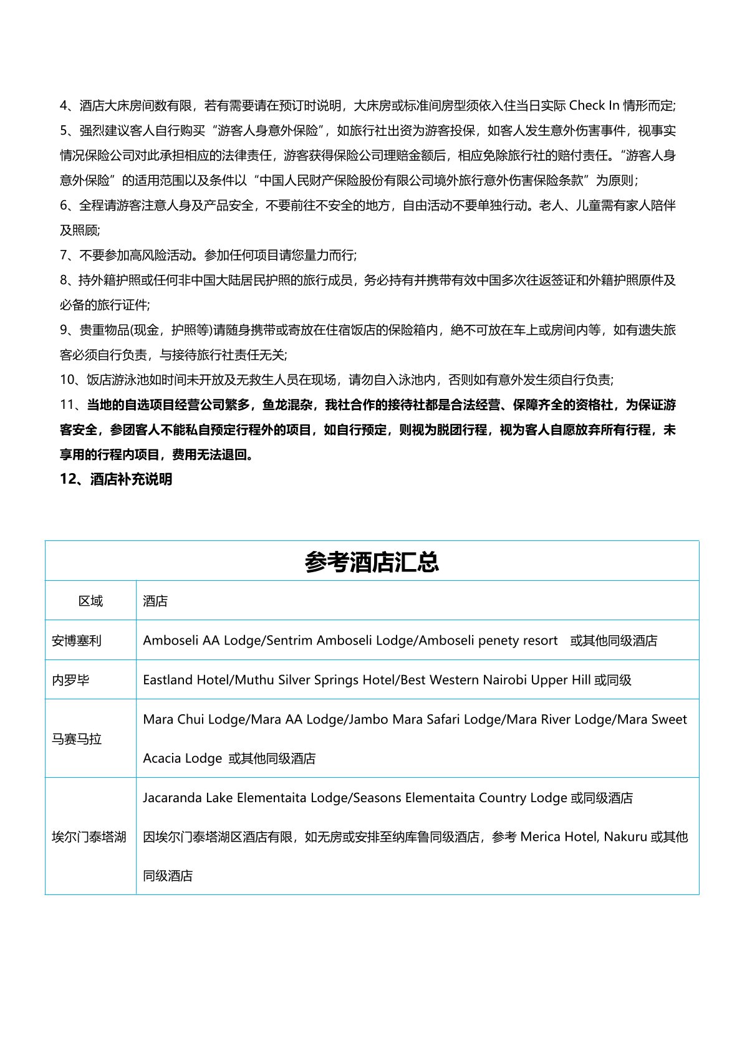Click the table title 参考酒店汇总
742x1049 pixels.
pos(372,562)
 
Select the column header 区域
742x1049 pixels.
pos(90,601)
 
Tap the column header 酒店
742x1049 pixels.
pos(155,601)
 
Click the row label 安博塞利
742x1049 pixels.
pos(77,640)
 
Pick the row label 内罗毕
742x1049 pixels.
pos(70,679)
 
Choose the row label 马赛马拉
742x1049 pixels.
pos(77,739)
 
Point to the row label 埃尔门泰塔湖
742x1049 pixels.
pos(89,836)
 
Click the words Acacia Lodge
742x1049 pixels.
pos(182,759)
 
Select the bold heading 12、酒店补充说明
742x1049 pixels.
pos(116,479)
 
